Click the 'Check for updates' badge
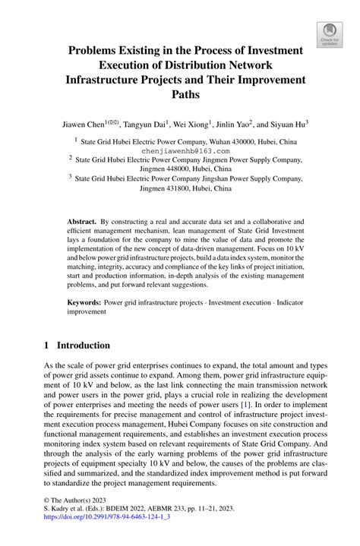coord(328,33)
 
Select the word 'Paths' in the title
coord(180,94)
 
